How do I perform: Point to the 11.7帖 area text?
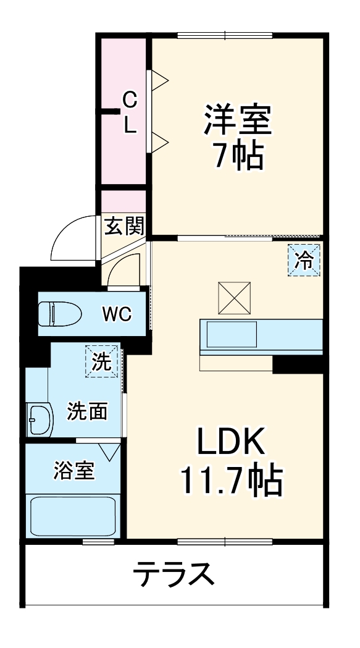pos(231,481)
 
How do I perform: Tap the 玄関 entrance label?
pos(123,226)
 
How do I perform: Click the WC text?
pos(117,314)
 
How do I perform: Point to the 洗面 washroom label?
pos(87,410)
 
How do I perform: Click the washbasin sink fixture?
pos(40,420)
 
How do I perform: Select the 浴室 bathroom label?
pos(74,471)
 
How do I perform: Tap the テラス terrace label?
pos(174,575)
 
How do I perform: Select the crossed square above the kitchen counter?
pos(233,297)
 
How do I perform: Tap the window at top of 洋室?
pos(225,35)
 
